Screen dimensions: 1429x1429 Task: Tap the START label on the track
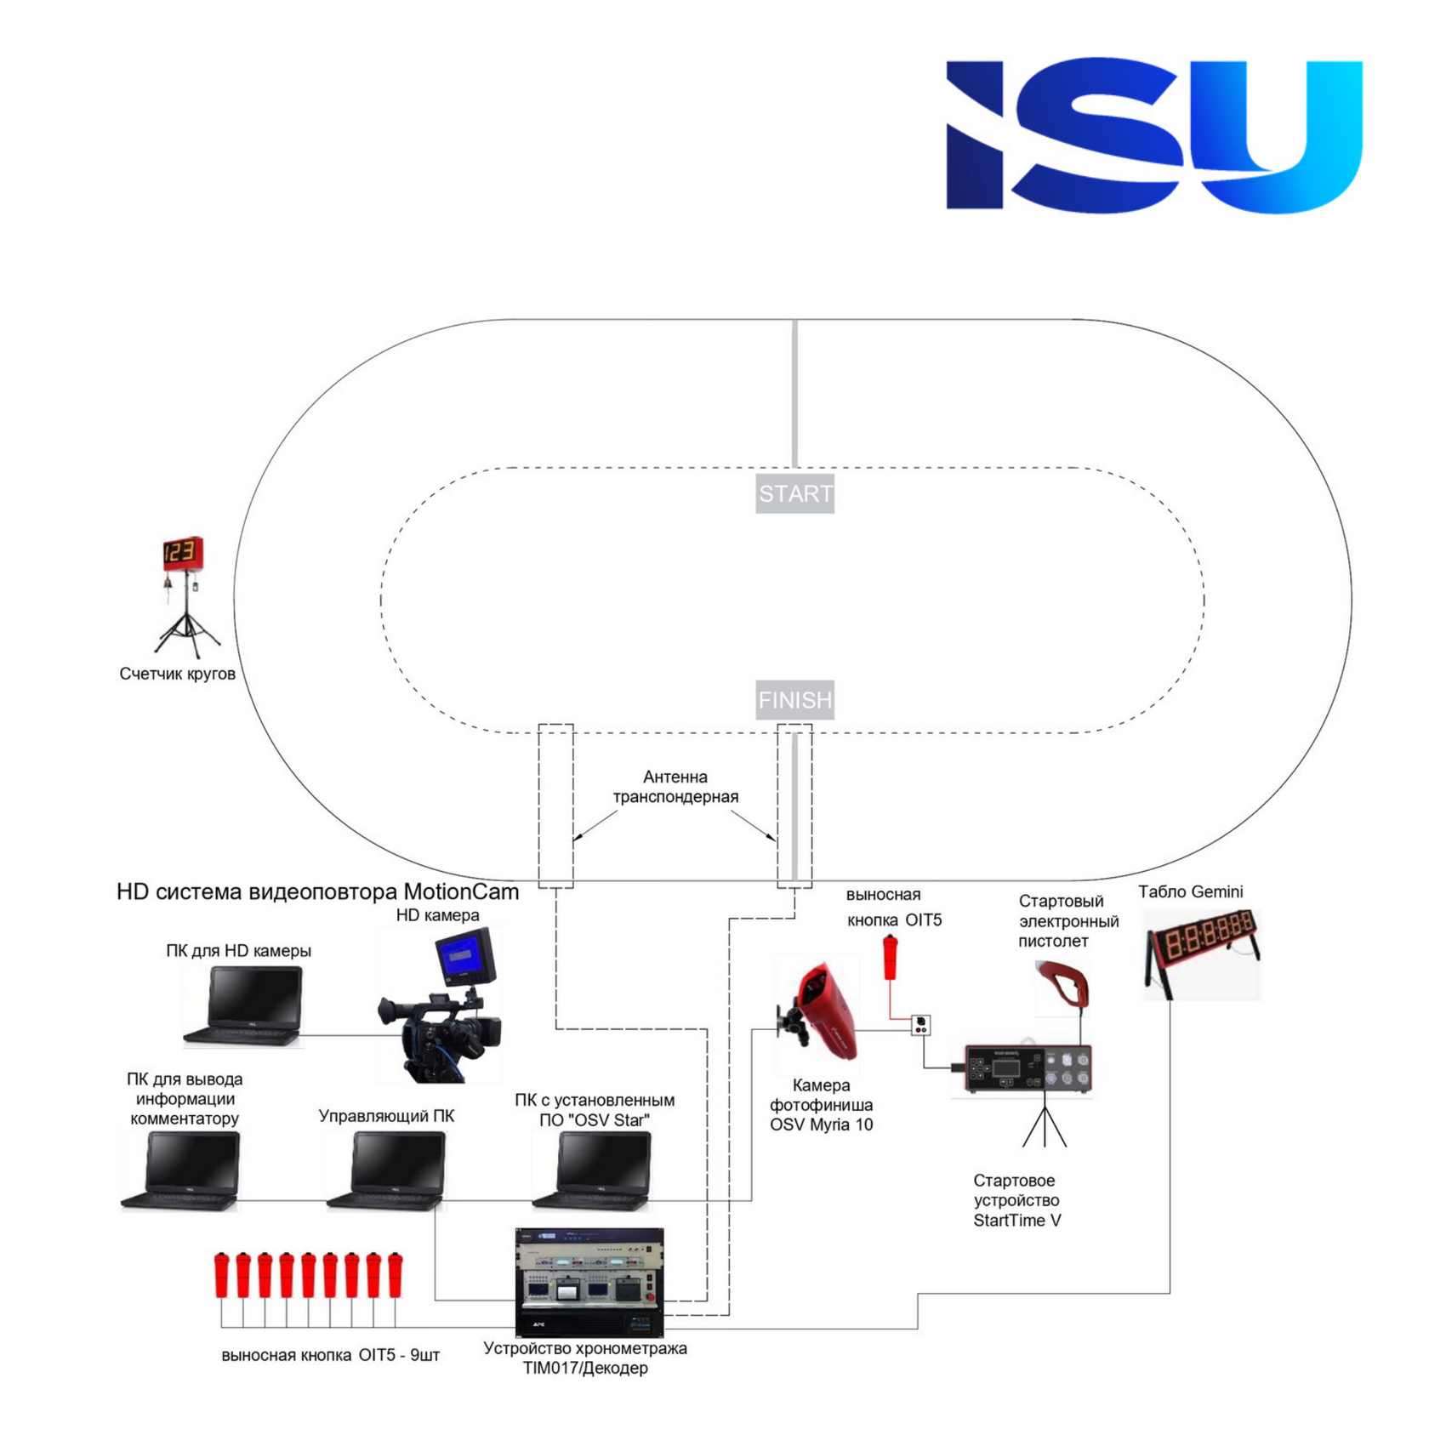(x=795, y=494)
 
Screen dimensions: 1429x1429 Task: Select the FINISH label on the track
(x=795, y=700)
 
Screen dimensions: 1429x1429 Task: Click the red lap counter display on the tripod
(x=183, y=554)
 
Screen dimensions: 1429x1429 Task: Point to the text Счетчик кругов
(x=177, y=674)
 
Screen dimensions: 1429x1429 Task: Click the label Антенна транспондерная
(x=675, y=787)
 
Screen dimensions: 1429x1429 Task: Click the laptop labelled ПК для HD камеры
(x=243, y=1006)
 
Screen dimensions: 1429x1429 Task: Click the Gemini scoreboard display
(x=1202, y=952)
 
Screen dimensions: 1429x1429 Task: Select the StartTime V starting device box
(x=1028, y=1068)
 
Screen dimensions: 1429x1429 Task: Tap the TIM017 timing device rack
(x=589, y=1282)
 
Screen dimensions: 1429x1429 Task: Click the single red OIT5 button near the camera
(x=891, y=958)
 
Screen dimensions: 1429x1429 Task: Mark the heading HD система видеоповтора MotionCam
(x=317, y=891)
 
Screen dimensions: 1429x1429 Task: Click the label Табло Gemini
(x=1191, y=891)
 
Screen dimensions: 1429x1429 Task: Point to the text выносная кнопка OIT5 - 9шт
(x=330, y=1355)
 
